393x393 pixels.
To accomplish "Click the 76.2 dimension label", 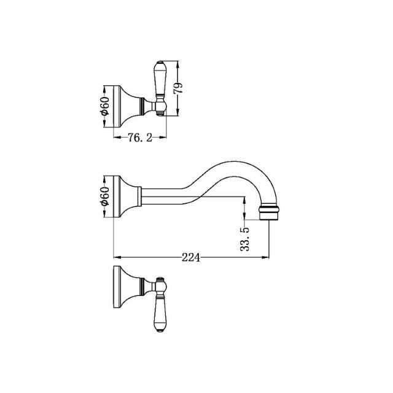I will [x=139, y=138].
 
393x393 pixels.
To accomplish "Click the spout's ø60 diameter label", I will [x=104, y=196].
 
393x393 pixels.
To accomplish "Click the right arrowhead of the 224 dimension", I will [x=267, y=257].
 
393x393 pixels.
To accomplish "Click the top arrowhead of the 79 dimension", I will [x=178, y=64].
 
